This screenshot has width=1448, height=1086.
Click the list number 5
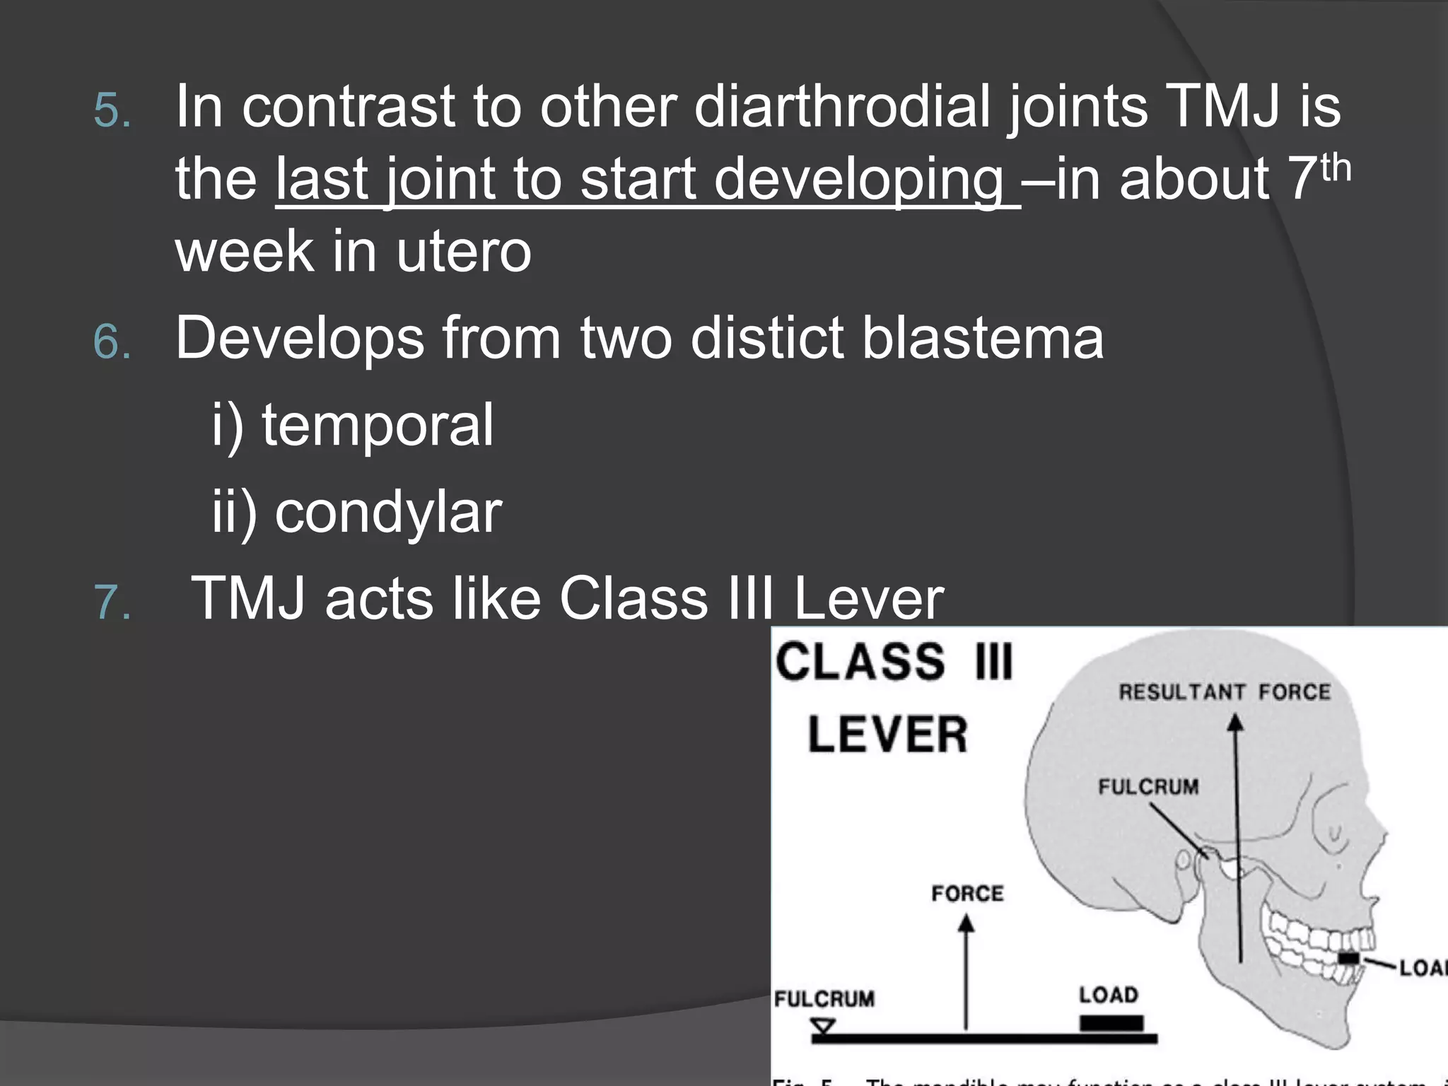[x=112, y=110]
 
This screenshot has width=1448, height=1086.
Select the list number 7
[x=112, y=602]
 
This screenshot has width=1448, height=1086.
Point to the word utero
[x=463, y=252]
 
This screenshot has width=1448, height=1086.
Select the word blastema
[x=982, y=338]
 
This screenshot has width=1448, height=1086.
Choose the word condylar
[x=388, y=513]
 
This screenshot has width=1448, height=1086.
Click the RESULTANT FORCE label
[x=1224, y=691]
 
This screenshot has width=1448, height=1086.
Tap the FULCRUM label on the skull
[x=1148, y=786]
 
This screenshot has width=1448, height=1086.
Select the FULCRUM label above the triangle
[x=824, y=998]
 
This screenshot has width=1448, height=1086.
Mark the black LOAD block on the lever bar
[x=1111, y=1022]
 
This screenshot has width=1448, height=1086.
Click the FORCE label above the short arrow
[x=967, y=893]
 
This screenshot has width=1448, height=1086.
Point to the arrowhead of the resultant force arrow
[x=1235, y=723]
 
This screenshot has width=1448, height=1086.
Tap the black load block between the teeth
[x=1348, y=958]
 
